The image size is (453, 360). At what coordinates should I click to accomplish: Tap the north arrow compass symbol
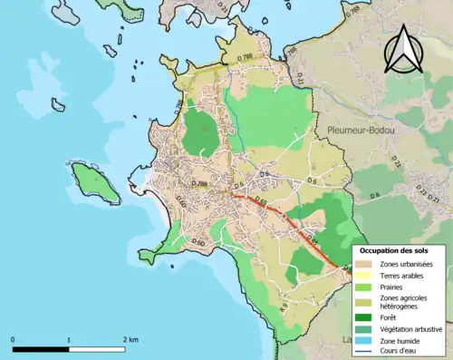[x=403, y=50]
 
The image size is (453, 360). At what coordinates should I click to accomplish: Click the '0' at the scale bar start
[x=14, y=339]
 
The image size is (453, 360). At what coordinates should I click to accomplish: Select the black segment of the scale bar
[x=41, y=349]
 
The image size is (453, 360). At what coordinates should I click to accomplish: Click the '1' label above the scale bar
[x=69, y=339]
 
